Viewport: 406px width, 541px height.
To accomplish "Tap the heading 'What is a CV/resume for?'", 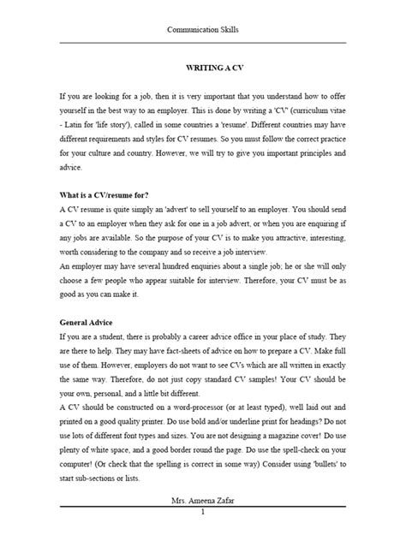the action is (109, 194).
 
